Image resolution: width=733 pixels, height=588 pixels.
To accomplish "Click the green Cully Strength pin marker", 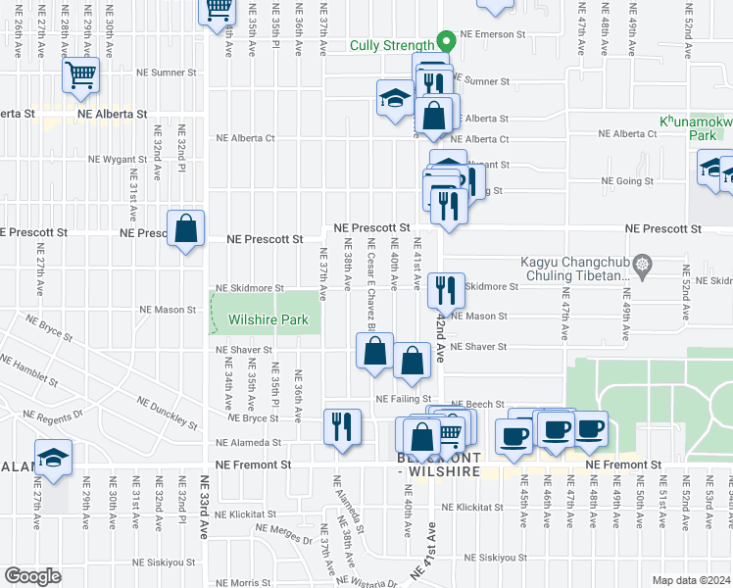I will [445, 42].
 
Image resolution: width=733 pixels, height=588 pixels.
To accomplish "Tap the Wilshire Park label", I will [269, 319].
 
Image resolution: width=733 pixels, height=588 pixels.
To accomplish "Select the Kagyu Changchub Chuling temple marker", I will [642, 264].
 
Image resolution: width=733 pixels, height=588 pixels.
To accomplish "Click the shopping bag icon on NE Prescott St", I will [186, 229].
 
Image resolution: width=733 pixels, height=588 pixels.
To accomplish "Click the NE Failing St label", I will [405, 399].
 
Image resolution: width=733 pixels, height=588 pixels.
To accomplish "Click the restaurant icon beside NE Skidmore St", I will [446, 289].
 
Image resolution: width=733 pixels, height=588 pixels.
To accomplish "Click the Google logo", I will [33, 576].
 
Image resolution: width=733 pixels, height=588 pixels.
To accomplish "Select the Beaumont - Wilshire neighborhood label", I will [437, 465].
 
